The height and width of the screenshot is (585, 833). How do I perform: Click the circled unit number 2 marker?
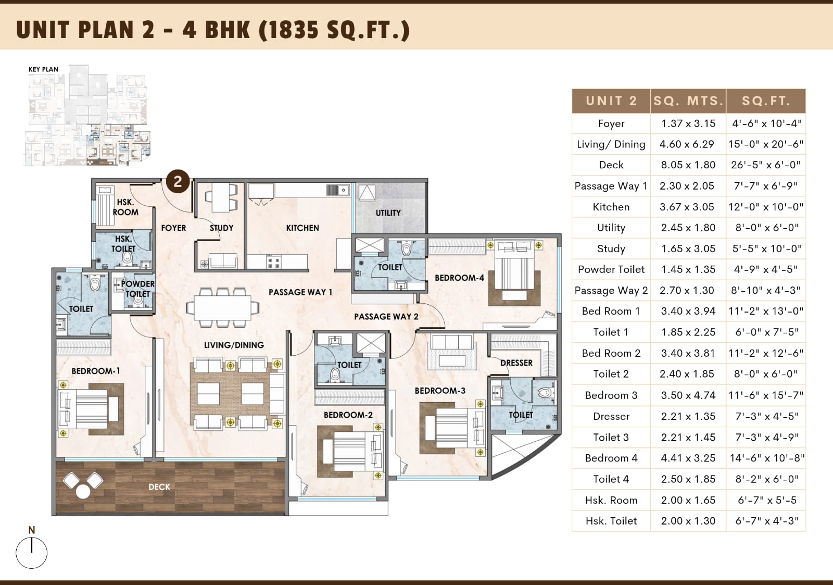178,182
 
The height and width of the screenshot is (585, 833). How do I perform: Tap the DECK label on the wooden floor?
159,487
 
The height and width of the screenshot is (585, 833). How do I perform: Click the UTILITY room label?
388,213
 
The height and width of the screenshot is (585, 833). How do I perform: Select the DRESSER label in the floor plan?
516,363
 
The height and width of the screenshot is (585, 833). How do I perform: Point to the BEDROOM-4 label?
459,278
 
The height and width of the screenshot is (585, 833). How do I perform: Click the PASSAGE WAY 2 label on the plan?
386,316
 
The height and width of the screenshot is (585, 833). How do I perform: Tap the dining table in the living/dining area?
222,307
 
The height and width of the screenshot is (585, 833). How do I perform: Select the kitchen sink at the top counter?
338,190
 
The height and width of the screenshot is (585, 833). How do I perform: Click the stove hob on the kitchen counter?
273,262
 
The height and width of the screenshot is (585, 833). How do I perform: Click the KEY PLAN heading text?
44,69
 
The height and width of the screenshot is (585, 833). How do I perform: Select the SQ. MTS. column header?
688,101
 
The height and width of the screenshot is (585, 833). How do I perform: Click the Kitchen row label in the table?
611,207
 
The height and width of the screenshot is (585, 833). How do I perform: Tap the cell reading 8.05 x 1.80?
688,165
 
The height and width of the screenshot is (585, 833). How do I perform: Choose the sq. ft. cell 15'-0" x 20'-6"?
766,144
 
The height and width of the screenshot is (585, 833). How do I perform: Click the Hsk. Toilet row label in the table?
611,521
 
